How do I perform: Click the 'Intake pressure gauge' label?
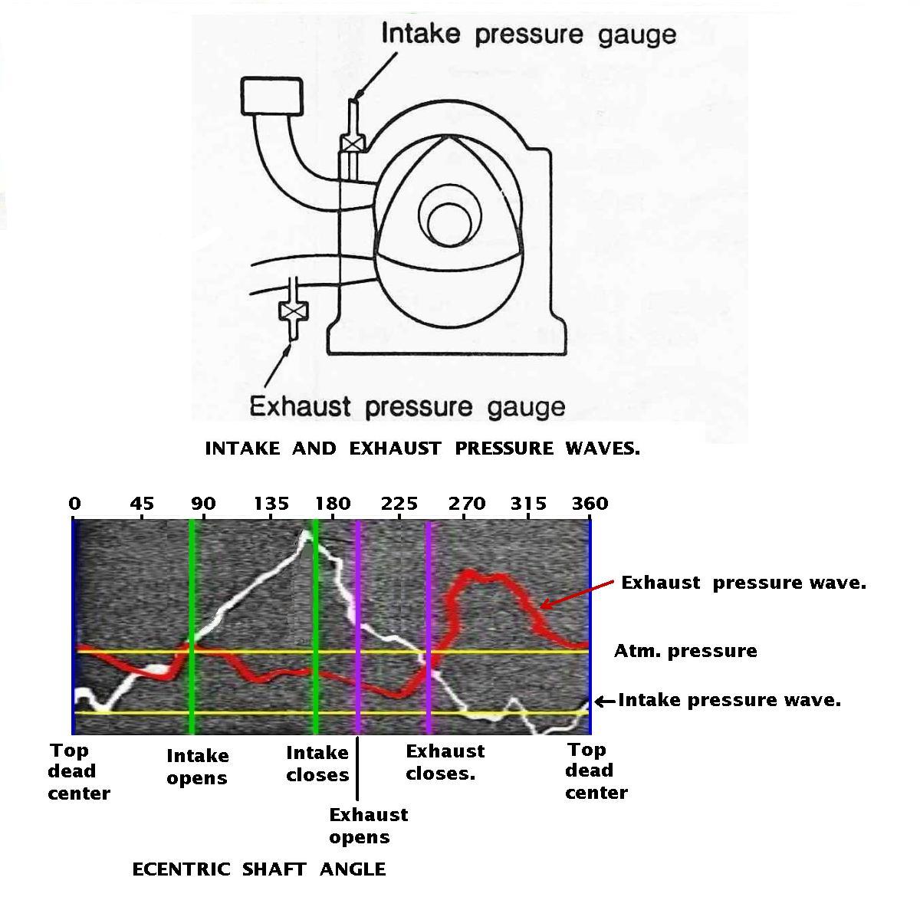pos(529,34)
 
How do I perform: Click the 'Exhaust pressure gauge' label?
pos(407,407)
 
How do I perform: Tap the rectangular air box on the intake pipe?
pos(271,97)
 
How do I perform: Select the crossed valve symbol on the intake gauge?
pos(353,143)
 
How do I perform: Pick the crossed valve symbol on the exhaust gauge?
pos(294,311)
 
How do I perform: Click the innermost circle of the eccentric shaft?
pos(450,225)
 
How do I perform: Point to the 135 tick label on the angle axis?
pos(271,503)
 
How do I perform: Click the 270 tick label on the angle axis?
pos(466,503)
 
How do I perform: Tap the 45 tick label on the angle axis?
pos(143,503)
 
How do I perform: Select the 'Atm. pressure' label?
pos(685,651)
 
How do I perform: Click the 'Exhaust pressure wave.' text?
pos(744,583)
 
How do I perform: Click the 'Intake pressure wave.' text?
pos(730,701)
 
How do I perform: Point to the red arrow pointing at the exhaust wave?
pos(577,595)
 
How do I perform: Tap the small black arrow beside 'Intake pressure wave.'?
pos(605,701)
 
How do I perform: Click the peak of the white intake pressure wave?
pos(306,531)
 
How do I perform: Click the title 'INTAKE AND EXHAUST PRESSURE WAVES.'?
pos(422,449)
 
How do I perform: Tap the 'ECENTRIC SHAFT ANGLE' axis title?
pos(259,870)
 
